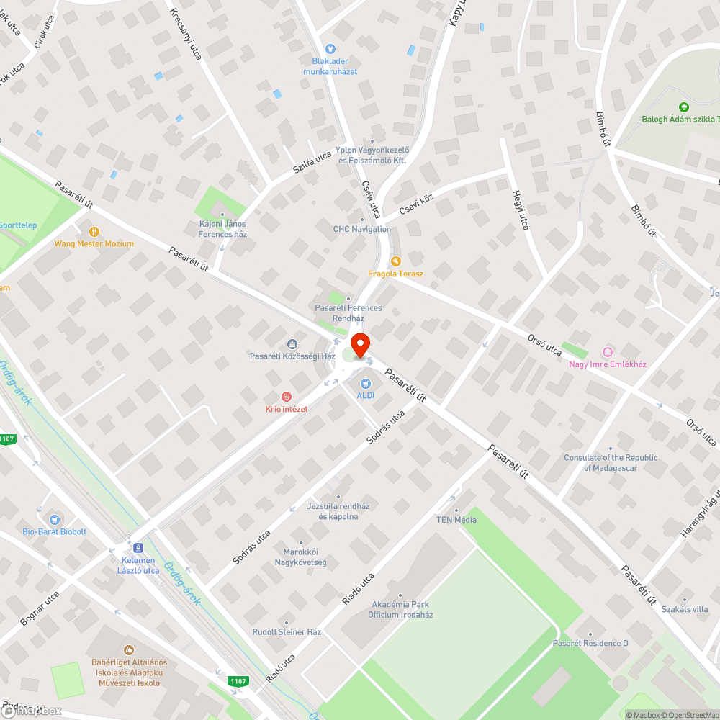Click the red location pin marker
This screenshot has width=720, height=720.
(x=360, y=344)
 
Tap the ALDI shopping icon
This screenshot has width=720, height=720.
(x=366, y=384)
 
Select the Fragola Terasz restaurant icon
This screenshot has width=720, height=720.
(x=395, y=261)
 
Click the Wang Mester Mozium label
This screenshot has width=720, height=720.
(x=94, y=243)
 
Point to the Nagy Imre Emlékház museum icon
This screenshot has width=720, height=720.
(x=608, y=351)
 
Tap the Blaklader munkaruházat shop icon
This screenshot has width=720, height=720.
(x=330, y=49)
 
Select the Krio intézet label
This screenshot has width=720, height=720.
(x=286, y=409)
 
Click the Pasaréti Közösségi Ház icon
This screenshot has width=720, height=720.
(x=292, y=345)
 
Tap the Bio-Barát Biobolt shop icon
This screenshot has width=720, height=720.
(x=54, y=519)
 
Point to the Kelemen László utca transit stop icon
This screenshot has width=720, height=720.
(x=138, y=548)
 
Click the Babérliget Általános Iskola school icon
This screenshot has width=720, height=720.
(x=129, y=650)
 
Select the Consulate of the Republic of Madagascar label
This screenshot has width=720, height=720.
(x=611, y=463)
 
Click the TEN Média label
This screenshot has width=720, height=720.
(x=456, y=520)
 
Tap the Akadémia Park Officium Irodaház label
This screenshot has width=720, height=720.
(x=400, y=609)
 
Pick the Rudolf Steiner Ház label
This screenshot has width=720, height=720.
(x=287, y=632)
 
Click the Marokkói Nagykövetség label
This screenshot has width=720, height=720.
(x=305, y=557)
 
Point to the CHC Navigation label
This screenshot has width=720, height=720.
(x=362, y=230)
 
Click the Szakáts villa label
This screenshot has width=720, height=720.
(x=685, y=609)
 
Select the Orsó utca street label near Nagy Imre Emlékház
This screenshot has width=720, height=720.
(x=544, y=349)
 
